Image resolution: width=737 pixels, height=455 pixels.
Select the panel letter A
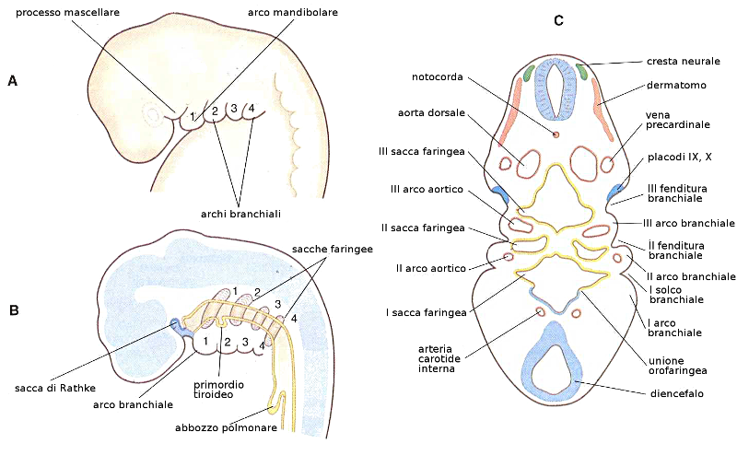coord(12,81)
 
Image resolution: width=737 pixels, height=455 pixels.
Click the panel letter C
coord(558,20)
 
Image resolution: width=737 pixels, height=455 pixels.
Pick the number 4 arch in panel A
coord(252,107)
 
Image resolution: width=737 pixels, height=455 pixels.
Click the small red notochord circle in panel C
coord(556,134)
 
